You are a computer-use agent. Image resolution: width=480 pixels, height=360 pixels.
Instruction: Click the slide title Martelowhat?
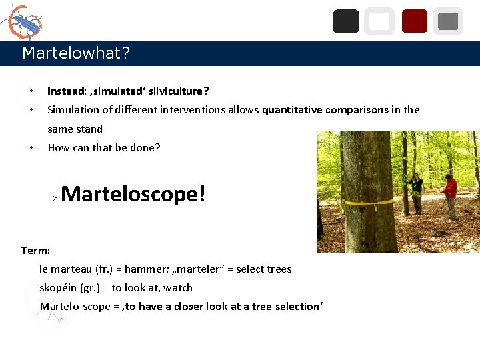pyautogui.click(x=76, y=53)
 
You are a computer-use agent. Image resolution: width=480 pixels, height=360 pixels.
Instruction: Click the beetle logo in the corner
pyautogui.click(x=23, y=21)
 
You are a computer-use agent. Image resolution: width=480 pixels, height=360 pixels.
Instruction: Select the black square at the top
pyautogui.click(x=345, y=21)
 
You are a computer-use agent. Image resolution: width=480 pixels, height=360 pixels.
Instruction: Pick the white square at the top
pyautogui.click(x=379, y=21)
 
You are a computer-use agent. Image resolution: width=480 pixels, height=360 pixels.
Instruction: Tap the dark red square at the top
pyautogui.click(x=414, y=21)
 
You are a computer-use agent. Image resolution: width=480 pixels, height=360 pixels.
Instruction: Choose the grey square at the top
pyautogui.click(x=448, y=21)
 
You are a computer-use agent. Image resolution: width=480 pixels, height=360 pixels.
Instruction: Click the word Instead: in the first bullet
pyautogui.click(x=67, y=91)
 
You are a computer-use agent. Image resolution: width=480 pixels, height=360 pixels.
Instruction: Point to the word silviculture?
pyautogui.click(x=178, y=91)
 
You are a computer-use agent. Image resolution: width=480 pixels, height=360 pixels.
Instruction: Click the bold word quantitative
pyautogui.click(x=292, y=110)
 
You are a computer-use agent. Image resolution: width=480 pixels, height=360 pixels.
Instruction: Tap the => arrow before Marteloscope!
pyautogui.click(x=52, y=198)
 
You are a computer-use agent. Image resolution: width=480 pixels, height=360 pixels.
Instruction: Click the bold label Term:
pyautogui.click(x=35, y=251)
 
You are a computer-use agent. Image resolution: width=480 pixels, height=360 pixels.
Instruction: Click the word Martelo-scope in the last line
pyautogui.click(x=70, y=307)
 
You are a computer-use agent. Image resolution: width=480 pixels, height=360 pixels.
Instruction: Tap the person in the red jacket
pyautogui.click(x=451, y=195)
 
